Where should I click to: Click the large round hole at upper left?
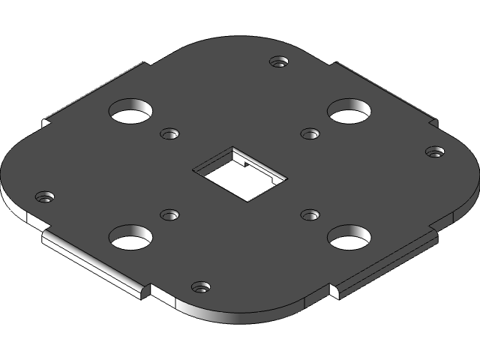coord(132,112)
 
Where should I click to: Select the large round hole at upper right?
coord(349,112)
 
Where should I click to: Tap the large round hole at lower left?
coord(131,238)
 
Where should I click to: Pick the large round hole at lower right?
coord(349,238)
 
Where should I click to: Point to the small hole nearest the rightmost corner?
coord(434,152)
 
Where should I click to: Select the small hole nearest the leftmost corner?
coord(46,197)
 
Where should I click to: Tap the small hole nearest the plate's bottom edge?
coord(200,287)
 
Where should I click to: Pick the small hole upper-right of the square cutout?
coord(310,134)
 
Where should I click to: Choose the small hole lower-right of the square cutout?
coord(310,215)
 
